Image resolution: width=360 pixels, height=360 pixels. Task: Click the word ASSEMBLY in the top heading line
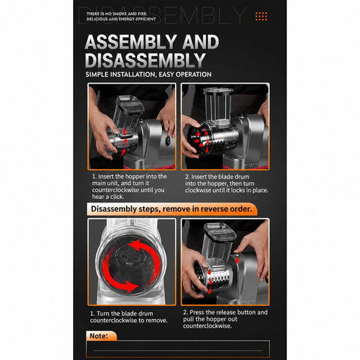pos(131,41)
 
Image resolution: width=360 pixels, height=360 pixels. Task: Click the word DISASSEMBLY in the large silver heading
pos(146,60)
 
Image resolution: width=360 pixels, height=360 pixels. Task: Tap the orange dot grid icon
pos(262,16)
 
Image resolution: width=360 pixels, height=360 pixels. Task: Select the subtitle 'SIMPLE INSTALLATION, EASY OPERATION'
pos(148,75)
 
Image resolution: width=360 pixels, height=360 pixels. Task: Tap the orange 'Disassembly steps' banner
pos(172,209)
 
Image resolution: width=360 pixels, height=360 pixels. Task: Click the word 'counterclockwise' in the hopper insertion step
pos(114,190)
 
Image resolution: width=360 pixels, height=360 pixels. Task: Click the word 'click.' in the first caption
pos(117,197)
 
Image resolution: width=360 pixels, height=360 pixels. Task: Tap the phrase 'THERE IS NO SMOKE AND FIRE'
pos(117,14)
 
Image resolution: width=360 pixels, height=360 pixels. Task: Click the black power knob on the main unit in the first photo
pos(168,141)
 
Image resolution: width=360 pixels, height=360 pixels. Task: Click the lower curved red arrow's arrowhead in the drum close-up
pos(132,286)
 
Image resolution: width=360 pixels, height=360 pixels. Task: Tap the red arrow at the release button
pos(237,261)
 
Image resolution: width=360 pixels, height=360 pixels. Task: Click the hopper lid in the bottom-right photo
pos(220,233)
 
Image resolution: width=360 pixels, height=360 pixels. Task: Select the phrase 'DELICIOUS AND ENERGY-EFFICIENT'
pos(121,19)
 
